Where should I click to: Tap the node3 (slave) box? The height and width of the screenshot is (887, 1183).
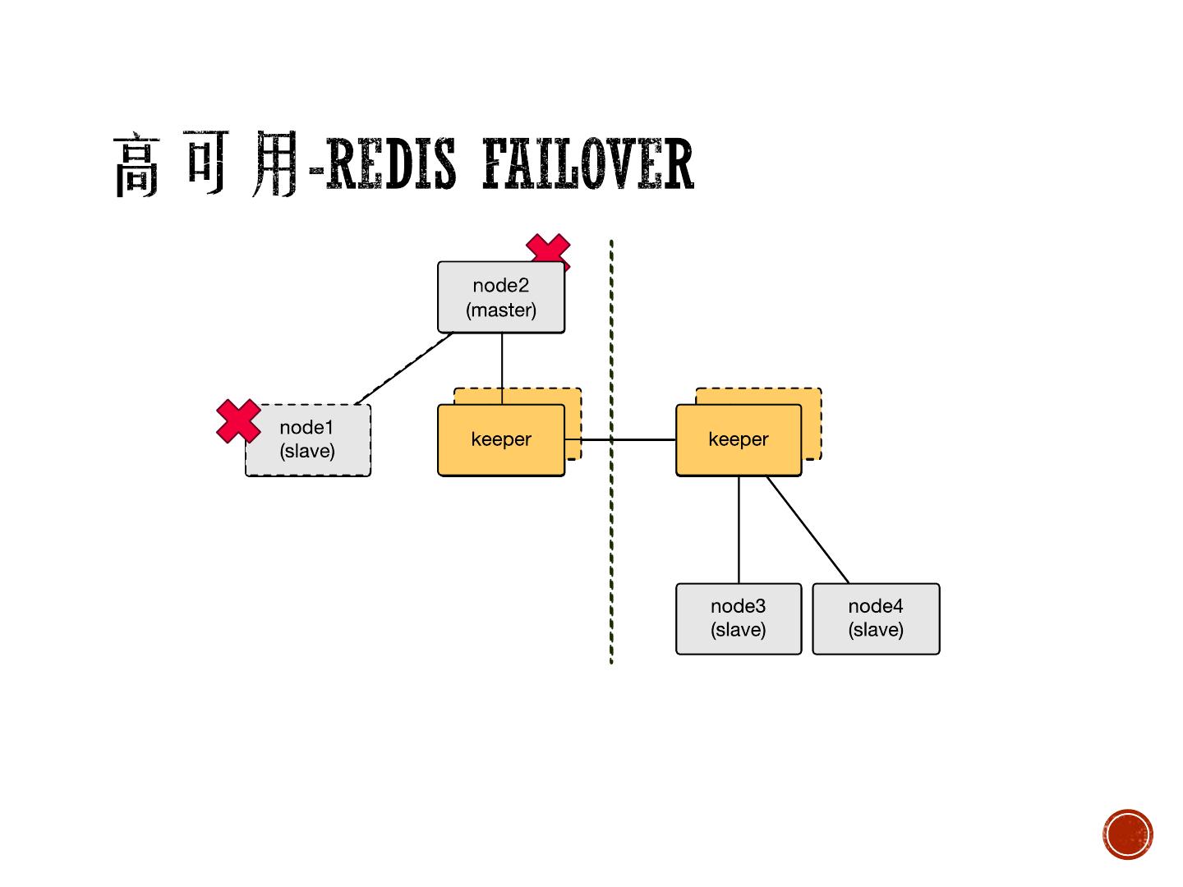tap(738, 618)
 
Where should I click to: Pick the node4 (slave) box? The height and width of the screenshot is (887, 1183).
tap(876, 618)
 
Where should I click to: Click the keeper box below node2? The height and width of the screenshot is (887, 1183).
tap(501, 439)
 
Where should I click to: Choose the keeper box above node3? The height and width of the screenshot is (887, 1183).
tap(738, 439)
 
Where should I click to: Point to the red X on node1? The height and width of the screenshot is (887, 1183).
tap(238, 421)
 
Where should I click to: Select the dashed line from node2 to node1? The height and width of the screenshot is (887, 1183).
tap(404, 369)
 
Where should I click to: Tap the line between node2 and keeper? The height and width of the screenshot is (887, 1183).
tap(502, 361)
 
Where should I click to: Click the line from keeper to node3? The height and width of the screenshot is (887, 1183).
tap(739, 530)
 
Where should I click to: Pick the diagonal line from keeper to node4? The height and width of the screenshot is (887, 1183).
tap(808, 530)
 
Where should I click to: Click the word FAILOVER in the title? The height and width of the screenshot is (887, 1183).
tap(587, 164)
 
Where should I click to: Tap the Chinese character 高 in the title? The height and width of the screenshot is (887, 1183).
tap(136, 164)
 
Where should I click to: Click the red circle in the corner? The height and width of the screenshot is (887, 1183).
tap(1128, 834)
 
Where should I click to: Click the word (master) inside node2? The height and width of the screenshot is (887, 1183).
tap(501, 310)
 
